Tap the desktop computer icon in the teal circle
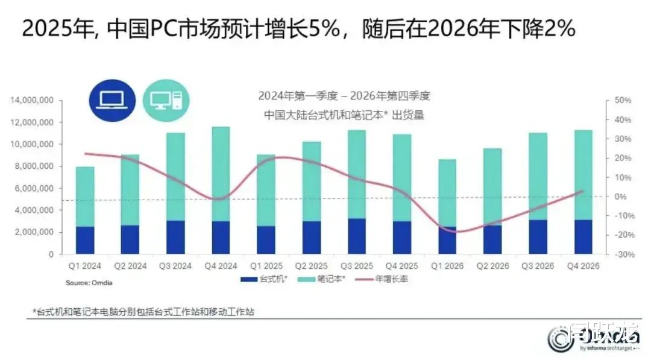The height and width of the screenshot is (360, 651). coord(166,100)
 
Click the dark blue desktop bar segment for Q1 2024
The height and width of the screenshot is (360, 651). coord(85,240)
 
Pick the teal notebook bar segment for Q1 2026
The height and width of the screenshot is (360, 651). coord(448,193)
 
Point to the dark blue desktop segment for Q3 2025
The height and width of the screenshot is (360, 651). coord(357,236)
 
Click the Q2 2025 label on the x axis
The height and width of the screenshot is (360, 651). coord(312,266)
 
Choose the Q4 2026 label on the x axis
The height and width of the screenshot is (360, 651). coord(583,266)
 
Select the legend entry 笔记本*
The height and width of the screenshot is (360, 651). coord(329,280)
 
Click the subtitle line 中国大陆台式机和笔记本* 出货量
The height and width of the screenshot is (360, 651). coord(344,115)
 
